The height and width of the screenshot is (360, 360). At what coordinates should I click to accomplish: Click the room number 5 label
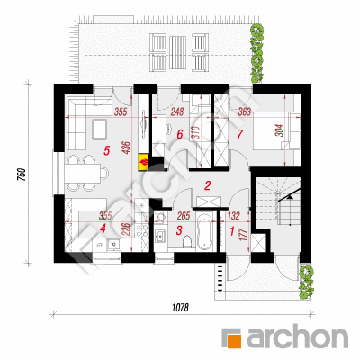pos(106,150)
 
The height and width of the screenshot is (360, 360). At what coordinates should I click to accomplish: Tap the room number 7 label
pos(239,134)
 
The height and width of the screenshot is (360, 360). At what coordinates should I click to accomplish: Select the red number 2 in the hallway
pos(207,186)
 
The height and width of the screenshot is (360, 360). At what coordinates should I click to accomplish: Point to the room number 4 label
pos(103,229)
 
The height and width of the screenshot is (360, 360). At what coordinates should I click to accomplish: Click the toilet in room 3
pos(188,241)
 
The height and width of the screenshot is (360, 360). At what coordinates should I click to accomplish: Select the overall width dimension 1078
pos(181,308)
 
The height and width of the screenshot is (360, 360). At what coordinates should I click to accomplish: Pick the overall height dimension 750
pos(22,175)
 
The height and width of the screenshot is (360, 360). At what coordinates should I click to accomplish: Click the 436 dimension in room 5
pos(127,148)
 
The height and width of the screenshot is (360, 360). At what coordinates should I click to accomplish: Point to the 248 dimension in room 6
pos(177,112)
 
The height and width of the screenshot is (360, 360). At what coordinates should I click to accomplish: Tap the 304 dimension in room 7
pos(280,130)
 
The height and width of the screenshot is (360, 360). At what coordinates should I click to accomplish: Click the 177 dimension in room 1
pos(244,235)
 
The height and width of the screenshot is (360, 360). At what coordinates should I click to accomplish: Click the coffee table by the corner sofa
pos(99,129)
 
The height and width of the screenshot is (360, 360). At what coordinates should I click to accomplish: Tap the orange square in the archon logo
pos(234,340)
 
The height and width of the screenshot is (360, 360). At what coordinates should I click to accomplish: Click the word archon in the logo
pos(298,337)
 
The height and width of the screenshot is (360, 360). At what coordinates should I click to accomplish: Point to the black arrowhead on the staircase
pos(290,196)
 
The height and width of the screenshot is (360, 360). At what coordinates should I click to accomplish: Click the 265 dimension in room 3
pos(184,216)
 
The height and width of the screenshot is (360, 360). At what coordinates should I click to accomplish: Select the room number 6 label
pos(179,134)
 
